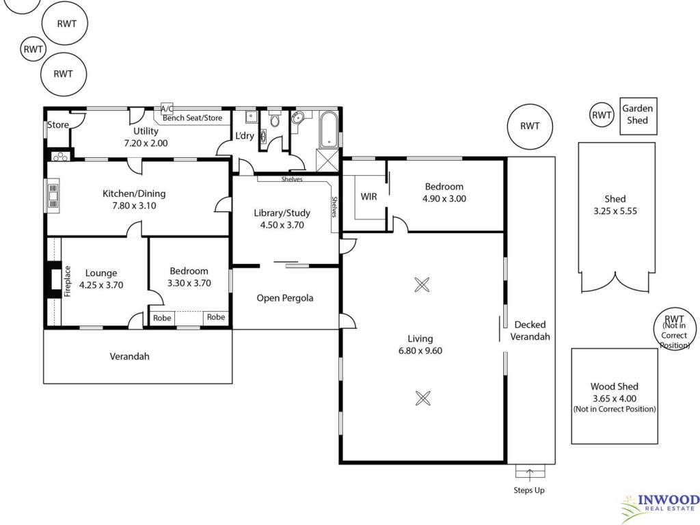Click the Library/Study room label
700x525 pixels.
click(282, 213)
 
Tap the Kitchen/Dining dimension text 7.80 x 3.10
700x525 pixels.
click(134, 206)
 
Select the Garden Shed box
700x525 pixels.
click(638, 116)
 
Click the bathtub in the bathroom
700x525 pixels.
click(329, 129)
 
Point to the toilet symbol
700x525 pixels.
click(274, 119)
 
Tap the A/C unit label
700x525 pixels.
click(167, 109)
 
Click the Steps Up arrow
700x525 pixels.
click(530, 475)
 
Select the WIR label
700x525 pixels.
click(368, 196)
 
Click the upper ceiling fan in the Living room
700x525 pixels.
click(422, 284)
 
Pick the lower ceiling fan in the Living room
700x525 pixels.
click(422, 398)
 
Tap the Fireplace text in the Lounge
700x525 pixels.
click(68, 281)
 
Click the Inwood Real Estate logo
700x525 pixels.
click(661, 508)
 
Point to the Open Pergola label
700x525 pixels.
click(285, 298)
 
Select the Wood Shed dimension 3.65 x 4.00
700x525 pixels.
click(615, 399)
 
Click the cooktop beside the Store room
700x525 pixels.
click(60, 157)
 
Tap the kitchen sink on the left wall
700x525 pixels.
click(53, 196)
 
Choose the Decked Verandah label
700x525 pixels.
click(530, 331)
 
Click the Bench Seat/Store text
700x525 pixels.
click(192, 118)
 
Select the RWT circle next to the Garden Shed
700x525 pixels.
click(602, 115)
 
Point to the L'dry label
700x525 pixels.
click(245, 135)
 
